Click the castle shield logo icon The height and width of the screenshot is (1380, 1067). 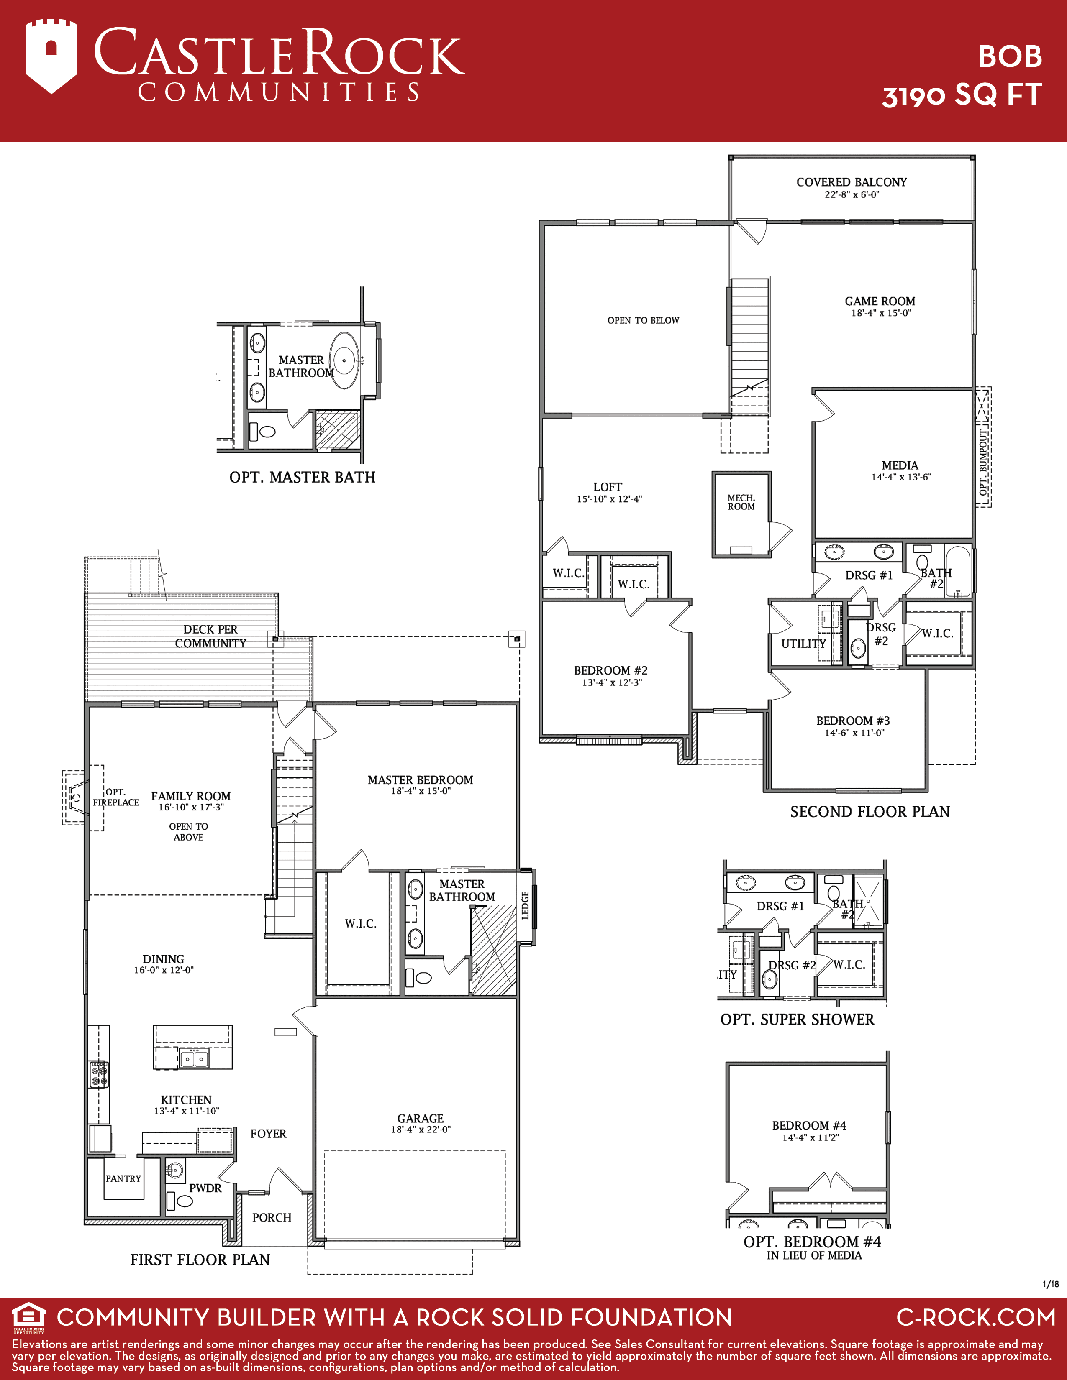[x=51, y=56]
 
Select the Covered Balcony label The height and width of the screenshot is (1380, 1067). [x=852, y=182]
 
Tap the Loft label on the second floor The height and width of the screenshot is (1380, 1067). [x=608, y=487]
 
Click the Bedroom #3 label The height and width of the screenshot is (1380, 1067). [x=853, y=721]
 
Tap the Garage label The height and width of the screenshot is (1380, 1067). [x=421, y=1118]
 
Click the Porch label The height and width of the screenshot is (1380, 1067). [x=272, y=1218]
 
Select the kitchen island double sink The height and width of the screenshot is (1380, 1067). [x=194, y=1057]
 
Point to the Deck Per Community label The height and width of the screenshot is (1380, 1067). [x=210, y=636]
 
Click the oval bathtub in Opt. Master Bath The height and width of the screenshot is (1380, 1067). [x=344, y=360]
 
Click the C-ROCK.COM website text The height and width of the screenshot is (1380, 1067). [x=976, y=1317]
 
